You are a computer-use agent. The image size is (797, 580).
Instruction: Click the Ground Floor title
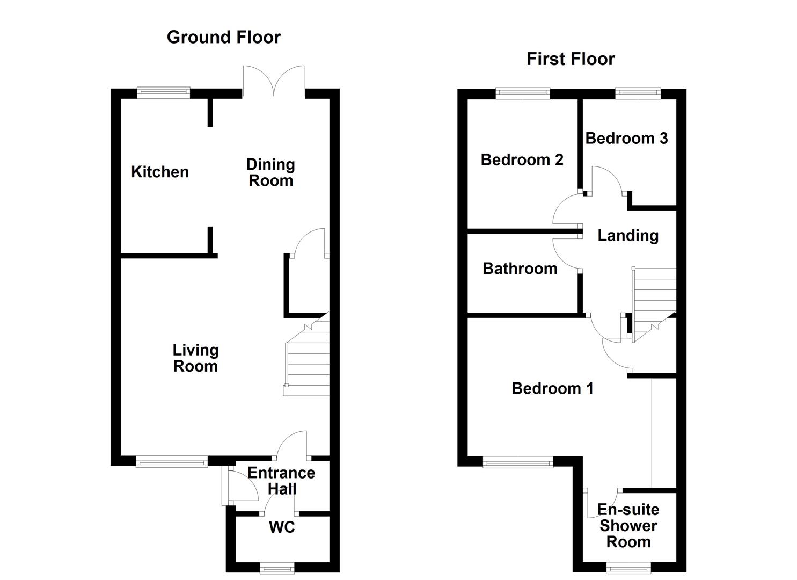tap(223, 37)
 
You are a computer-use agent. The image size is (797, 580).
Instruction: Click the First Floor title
tap(571, 59)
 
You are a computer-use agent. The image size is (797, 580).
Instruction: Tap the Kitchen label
tap(160, 172)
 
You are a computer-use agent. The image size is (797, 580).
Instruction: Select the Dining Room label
tap(270, 172)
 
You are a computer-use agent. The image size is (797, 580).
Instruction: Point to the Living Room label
tap(195, 358)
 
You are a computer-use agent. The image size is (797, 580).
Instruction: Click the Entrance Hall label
tap(281, 481)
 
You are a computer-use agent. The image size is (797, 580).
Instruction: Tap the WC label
tap(282, 527)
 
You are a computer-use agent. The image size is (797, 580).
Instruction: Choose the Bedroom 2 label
tap(522, 160)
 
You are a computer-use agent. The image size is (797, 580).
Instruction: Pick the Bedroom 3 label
tap(626, 138)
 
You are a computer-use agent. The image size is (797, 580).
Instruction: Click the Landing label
tap(628, 235)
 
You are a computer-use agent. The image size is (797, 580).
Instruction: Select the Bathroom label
tap(520, 269)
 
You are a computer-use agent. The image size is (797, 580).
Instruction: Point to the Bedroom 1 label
tap(552, 388)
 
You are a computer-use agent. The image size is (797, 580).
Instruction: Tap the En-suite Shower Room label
tap(628, 526)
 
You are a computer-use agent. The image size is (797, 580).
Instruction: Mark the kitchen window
tap(164, 92)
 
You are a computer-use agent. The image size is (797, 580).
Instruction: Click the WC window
tap(277, 567)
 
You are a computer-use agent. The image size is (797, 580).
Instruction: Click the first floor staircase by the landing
tap(654, 301)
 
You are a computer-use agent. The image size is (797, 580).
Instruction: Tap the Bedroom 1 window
tap(517, 461)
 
